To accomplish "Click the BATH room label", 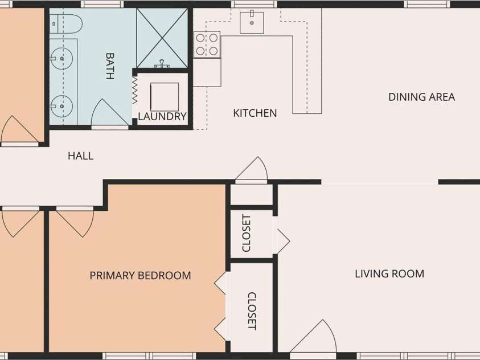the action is tap(110, 66).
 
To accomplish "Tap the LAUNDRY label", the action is tap(162, 116).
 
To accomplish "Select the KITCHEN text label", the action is tap(255, 113).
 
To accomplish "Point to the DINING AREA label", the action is tap(421, 97).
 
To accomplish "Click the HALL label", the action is tap(80, 156).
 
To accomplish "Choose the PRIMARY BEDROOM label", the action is tap(140, 275).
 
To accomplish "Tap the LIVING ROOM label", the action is tap(389, 273).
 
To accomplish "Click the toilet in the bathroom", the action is tap(66, 24).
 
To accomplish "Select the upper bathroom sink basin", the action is tap(61, 58).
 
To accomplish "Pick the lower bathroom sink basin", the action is tap(61, 106).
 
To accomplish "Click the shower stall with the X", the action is tap(162, 38).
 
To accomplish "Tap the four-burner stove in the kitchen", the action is tap(207, 44).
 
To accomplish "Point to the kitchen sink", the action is tap(252, 22).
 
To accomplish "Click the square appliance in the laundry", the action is tap(165, 97).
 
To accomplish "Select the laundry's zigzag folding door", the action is tap(135, 90).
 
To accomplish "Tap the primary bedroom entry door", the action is tap(75, 222).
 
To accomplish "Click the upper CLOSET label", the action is tap(247, 233).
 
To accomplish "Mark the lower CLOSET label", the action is tap(252, 311).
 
